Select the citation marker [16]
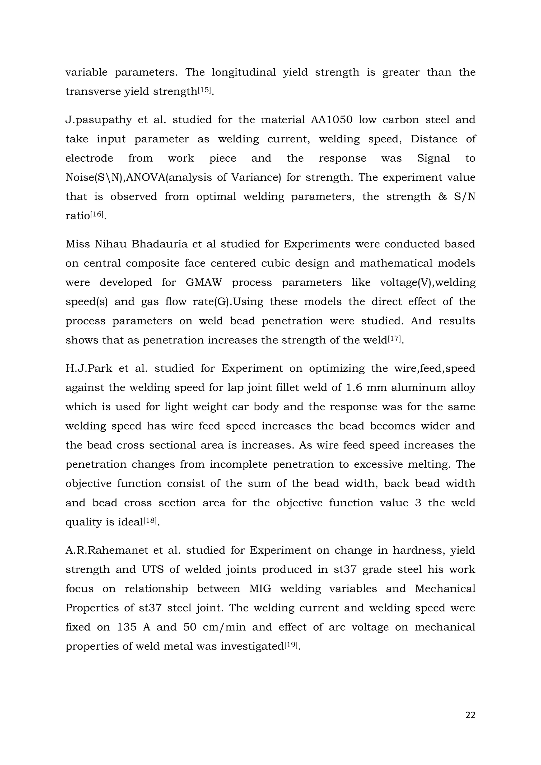click(97, 214)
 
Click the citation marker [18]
click(151, 520)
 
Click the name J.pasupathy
click(98, 120)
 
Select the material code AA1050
click(332, 120)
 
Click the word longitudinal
click(244, 72)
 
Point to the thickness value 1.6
click(357, 388)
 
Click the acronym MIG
click(260, 589)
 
